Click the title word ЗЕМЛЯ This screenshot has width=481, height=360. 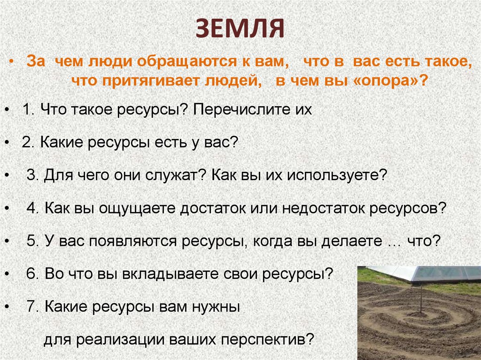tap(240, 29)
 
